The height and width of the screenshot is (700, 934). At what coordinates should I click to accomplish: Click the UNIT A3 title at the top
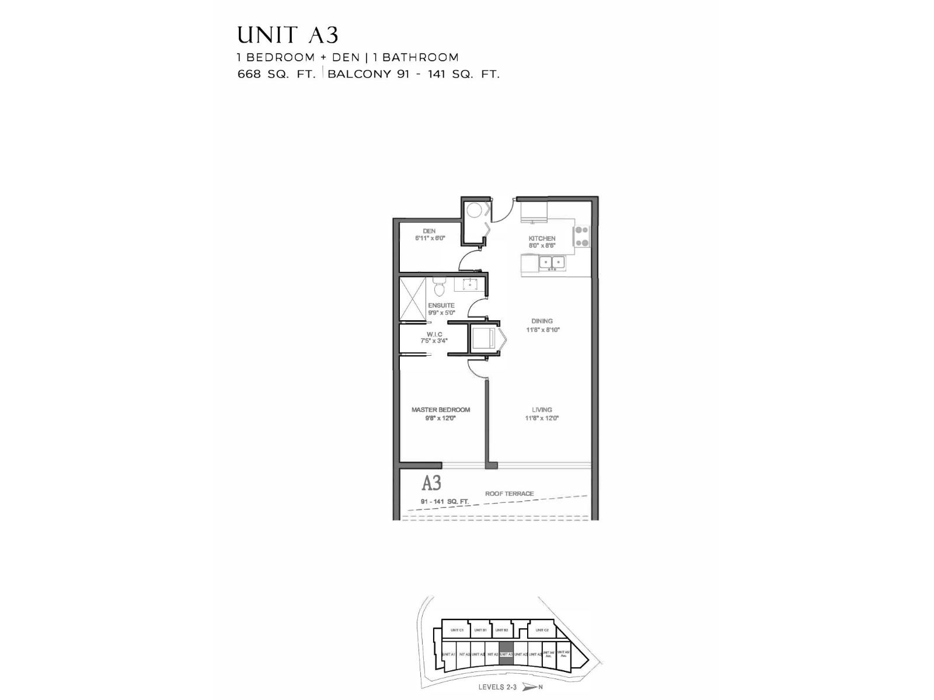pyautogui.click(x=287, y=36)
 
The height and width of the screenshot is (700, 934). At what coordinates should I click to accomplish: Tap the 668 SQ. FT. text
pyautogui.click(x=276, y=74)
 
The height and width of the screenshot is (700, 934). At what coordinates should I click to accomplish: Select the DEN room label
pyautogui.click(x=429, y=231)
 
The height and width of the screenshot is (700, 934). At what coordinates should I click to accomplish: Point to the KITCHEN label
pyautogui.click(x=542, y=238)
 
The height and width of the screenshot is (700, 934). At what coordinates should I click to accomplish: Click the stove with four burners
pyautogui.click(x=582, y=236)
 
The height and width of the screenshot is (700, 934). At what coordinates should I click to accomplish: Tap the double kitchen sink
pyautogui.click(x=552, y=262)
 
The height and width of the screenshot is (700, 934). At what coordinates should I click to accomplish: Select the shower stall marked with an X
pyautogui.click(x=413, y=299)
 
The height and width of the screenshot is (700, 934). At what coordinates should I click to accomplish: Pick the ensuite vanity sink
pyautogui.click(x=469, y=285)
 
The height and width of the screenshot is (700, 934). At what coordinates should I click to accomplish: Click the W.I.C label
pyautogui.click(x=434, y=334)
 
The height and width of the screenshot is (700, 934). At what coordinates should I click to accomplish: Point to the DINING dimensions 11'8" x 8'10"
pyautogui.click(x=542, y=330)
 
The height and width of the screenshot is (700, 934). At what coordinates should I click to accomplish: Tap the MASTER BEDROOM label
pyautogui.click(x=440, y=409)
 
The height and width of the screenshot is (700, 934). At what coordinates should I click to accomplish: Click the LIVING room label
pyautogui.click(x=542, y=409)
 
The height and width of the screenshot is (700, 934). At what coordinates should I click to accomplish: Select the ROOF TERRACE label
pyautogui.click(x=509, y=494)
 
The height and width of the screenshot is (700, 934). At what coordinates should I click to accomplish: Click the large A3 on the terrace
pyautogui.click(x=431, y=483)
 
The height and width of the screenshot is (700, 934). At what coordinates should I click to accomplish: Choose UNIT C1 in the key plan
pyautogui.click(x=457, y=630)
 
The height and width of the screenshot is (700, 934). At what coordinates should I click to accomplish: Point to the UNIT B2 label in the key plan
pyautogui.click(x=501, y=630)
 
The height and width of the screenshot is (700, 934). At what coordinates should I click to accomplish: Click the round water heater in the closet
pyautogui.click(x=474, y=209)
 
